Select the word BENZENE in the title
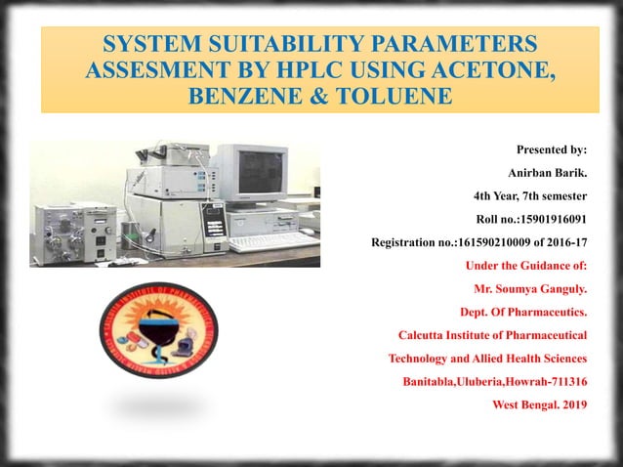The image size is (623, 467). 243,97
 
